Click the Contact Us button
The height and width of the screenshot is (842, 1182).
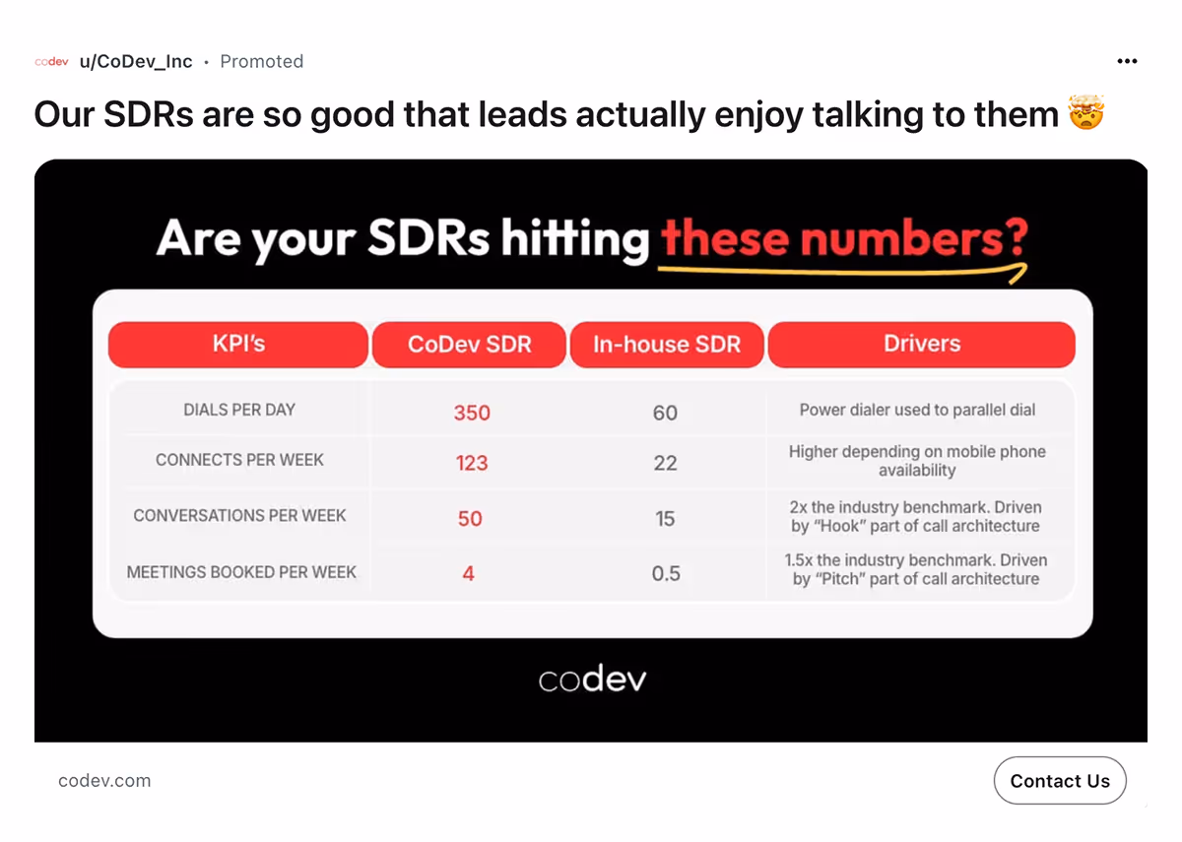[1060, 781]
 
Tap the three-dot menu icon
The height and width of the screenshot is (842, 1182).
[1127, 61]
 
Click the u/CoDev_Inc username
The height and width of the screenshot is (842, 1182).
[136, 61]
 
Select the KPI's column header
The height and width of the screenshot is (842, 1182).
[238, 345]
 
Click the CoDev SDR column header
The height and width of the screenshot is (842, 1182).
[470, 345]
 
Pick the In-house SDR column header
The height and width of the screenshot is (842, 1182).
[667, 345]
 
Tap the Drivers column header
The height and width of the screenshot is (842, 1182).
[921, 345]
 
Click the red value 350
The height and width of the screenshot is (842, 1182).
[472, 413]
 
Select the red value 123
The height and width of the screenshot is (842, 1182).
[472, 463]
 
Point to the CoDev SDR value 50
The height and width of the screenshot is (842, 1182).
[470, 518]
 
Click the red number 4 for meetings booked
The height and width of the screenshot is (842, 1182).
[468, 573]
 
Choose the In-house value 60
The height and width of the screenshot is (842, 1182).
[665, 413]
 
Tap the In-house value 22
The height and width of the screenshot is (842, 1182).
[665, 463]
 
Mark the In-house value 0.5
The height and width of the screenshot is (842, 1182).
[666, 573]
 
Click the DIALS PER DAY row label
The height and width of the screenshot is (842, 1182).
[239, 410]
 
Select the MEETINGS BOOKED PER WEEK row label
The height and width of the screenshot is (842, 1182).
[241, 571]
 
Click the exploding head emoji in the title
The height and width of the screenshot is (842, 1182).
[1087, 114]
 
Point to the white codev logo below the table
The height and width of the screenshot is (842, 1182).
[592, 680]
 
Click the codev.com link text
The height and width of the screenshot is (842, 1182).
[104, 781]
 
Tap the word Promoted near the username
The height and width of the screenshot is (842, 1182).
[261, 61]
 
